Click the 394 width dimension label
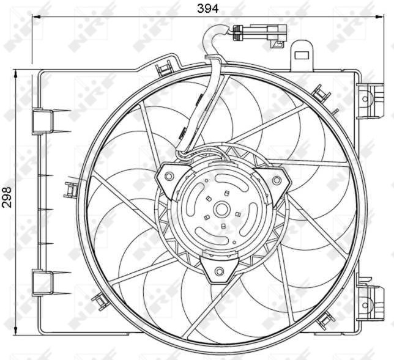pyautogui.click(x=207, y=9)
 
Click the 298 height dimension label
pyautogui.click(x=7, y=197)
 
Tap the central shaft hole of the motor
pyautogui.click(x=221, y=210)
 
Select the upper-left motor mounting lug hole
pyautogui.click(x=169, y=176)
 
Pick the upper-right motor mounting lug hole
pyautogui.click(x=277, y=180)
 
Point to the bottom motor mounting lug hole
pyautogui.click(x=220, y=271)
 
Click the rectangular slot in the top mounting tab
pyautogui.click(x=302, y=55)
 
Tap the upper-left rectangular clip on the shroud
pyautogui.click(x=42, y=121)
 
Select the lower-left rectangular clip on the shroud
pyautogui.click(x=42, y=282)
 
